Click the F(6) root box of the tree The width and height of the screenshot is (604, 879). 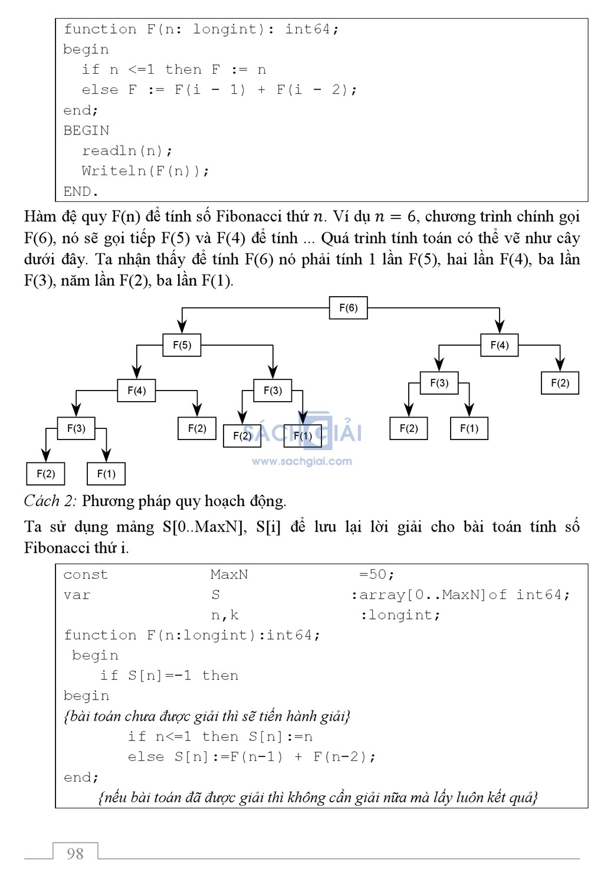348,308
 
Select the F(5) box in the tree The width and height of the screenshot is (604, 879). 182,345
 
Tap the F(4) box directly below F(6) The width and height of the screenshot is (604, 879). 499,345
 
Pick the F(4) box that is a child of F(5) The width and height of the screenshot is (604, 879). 136,391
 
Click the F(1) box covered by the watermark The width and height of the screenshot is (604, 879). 303,436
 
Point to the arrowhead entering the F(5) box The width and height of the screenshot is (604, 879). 182,327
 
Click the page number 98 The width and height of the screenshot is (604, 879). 75,854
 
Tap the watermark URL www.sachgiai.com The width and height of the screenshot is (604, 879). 302,461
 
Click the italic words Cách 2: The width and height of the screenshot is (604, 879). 50,501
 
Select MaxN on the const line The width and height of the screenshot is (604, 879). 229,575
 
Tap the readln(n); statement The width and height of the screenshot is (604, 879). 127,150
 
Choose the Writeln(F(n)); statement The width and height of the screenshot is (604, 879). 145,171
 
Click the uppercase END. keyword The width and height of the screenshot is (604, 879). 80,192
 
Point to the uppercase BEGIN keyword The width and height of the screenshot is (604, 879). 86,130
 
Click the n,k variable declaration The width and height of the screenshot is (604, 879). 225,615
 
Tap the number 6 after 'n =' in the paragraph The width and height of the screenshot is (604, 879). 411,217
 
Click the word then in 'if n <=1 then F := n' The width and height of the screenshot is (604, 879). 183,70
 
